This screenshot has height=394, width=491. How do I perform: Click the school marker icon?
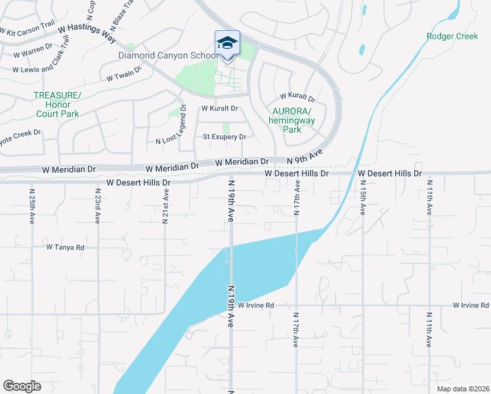pyautogui.click(x=227, y=43)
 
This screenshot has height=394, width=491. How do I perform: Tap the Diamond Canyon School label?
pyautogui.click(x=168, y=56)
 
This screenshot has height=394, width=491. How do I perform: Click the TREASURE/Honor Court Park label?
pyautogui.click(x=57, y=104)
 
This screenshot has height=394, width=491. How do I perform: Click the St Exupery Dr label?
pyautogui.click(x=224, y=137)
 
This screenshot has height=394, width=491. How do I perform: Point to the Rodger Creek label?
pyautogui.click(x=452, y=37)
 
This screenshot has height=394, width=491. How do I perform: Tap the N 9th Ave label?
pyautogui.click(x=306, y=156)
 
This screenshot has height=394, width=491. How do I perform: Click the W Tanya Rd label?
pyautogui.click(x=66, y=248)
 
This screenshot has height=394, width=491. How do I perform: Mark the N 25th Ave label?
pyautogui.click(x=32, y=207)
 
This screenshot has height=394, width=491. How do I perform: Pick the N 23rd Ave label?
pyautogui.click(x=98, y=207)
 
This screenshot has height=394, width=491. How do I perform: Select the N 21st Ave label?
pyautogui.click(x=165, y=207)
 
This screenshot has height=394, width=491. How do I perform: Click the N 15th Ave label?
pyautogui.click(x=363, y=200)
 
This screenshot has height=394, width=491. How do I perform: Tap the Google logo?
pyautogui.click(x=22, y=385)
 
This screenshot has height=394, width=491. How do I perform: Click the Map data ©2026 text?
pyautogui.click(x=459, y=388)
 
